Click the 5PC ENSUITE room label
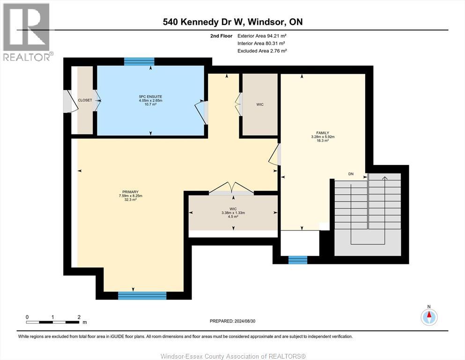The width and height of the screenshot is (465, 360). pos(151,97)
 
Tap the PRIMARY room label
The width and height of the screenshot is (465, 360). pos(130,192)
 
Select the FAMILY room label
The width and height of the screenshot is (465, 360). pos(323,133)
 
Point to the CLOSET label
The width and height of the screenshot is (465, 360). pos(85,100)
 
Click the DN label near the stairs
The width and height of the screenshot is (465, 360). pos(351,174)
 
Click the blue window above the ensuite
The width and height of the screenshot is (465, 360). pos(139,61)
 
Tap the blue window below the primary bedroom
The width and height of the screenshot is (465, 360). pos(142,296)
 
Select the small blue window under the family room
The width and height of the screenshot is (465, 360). pos(298,260)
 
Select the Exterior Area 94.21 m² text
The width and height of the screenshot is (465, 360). pos(262,36)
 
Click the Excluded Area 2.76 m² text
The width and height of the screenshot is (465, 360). pos(262,51)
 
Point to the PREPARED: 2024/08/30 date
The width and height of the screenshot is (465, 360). pos(232,321)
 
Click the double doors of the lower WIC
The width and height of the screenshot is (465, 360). pos(231,188)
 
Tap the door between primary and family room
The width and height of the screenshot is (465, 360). pos(274,155)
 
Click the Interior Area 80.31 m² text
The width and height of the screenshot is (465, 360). pos(261,43)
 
